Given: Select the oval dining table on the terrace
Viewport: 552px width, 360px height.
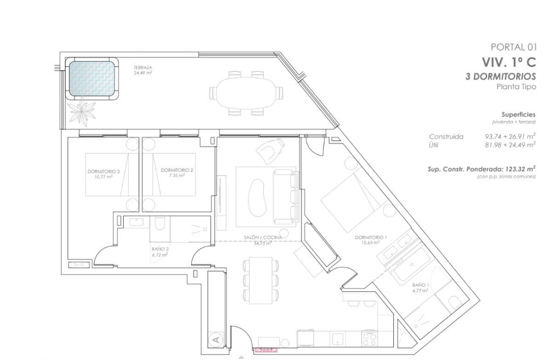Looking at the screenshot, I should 245,93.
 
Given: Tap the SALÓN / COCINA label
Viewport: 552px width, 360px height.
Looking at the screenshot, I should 263,238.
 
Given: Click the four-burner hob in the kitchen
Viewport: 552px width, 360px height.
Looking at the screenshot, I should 370,339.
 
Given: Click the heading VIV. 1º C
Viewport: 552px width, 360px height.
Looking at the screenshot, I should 509,62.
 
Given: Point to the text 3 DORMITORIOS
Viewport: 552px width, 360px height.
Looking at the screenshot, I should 500,76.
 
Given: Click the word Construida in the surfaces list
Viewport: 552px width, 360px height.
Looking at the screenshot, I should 446,137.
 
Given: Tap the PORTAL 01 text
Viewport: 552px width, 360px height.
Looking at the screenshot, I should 513,46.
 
